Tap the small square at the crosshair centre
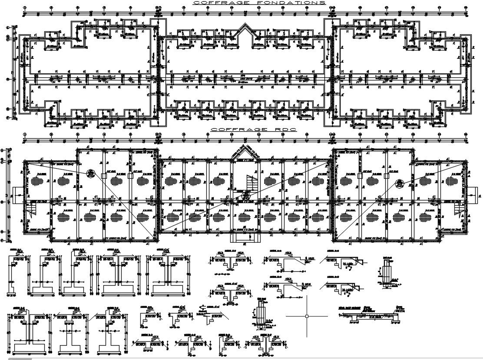pos(307,316)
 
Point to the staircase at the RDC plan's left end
pos(32,210)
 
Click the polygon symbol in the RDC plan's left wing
pos(90,173)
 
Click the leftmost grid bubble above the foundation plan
pos(25,8)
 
